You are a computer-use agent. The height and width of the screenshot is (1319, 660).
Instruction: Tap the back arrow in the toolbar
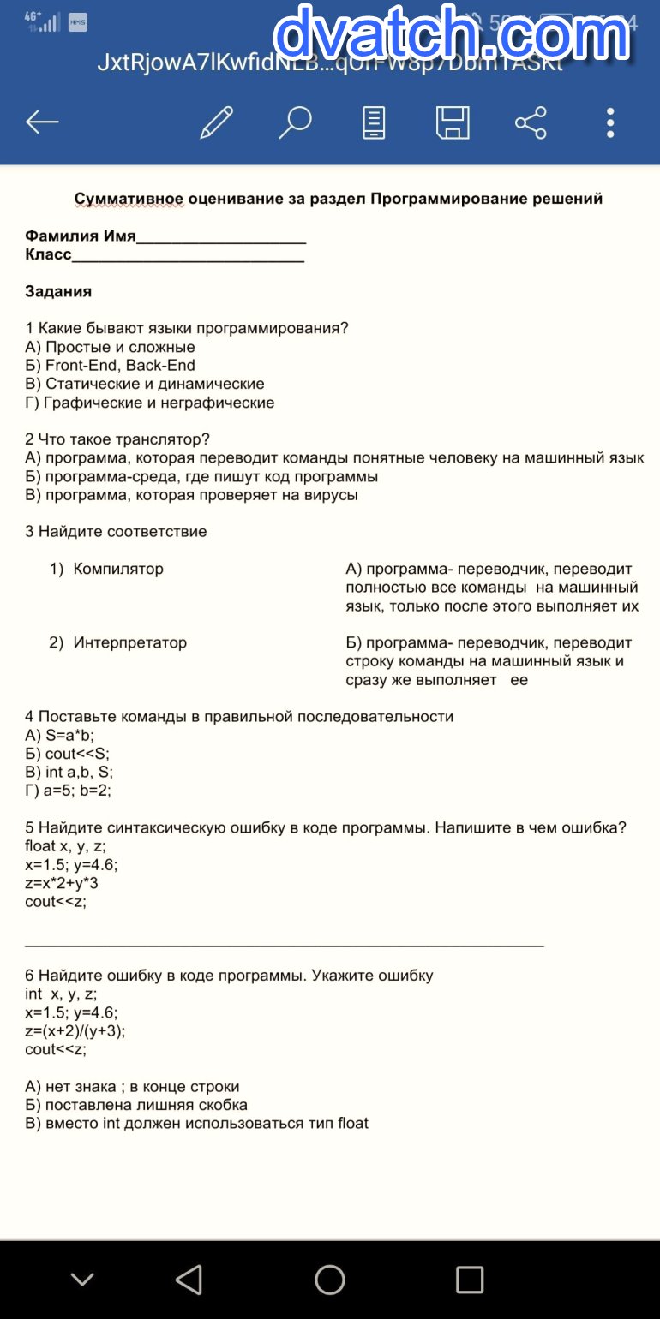point(41,122)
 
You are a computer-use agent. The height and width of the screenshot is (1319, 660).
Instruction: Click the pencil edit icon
point(216,122)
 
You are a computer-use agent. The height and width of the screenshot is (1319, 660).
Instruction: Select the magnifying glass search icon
point(294,122)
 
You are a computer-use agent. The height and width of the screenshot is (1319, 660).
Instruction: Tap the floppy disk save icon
point(452,122)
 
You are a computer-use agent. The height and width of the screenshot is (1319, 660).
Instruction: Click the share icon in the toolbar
point(531,122)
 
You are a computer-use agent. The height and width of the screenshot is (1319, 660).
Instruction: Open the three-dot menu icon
point(610,122)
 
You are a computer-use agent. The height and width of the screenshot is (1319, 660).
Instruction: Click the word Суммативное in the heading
point(129,199)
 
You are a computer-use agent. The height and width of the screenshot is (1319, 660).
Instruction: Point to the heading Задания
point(58,291)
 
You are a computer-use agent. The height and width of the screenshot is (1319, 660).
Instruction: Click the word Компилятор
point(118,569)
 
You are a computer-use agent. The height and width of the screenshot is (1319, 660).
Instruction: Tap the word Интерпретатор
point(129,642)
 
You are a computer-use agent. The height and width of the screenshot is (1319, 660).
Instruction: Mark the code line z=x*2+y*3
point(62,883)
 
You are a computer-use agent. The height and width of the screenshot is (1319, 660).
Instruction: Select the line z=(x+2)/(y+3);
point(75,1030)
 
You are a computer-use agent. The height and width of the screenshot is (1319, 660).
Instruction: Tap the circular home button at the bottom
point(330,1280)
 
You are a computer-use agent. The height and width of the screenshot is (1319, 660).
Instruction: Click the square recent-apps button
point(469,1280)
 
